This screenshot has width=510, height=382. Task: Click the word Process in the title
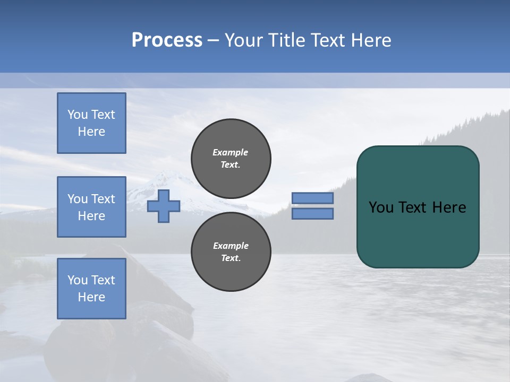pos(167,40)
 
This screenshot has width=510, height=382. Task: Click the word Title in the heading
pos(287,40)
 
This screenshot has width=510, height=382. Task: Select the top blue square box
pos(91,123)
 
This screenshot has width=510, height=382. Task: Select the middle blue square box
pos(91,207)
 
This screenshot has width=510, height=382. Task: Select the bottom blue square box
pos(91,288)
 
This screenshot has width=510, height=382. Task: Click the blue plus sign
pos(164,206)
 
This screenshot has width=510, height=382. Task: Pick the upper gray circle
pos(231,158)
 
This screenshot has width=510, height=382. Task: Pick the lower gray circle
pos(231,251)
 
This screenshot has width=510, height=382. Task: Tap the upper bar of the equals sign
pos(312,198)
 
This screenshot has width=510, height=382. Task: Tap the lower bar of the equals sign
pos(312,213)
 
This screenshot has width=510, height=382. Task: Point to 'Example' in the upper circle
pos(231,152)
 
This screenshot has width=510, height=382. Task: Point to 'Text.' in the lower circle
pos(231,258)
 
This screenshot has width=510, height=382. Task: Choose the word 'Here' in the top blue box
pos(91,132)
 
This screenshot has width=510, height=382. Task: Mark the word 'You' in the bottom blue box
pos(78,280)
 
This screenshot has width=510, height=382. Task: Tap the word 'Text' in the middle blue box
pos(103,199)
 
